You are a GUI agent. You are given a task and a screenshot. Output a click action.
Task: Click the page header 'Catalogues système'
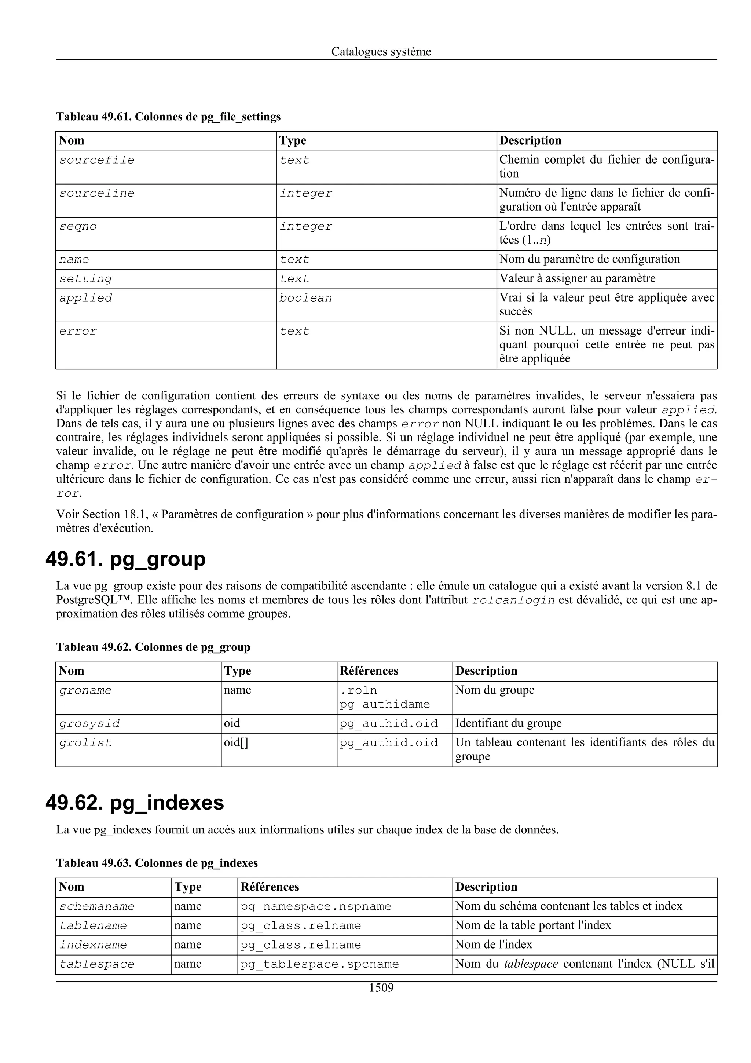(381, 52)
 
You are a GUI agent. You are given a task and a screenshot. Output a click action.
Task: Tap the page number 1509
(381, 988)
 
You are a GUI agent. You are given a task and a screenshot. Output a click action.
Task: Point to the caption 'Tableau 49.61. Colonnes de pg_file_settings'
(168, 117)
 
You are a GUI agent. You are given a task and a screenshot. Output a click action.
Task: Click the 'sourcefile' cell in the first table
(97, 160)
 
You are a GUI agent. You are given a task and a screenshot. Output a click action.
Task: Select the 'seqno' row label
(78, 227)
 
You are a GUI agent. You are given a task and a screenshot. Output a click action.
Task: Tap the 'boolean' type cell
(305, 298)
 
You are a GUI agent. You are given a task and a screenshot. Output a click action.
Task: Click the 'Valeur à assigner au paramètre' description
(578, 279)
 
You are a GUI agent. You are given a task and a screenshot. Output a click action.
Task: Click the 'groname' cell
(85, 691)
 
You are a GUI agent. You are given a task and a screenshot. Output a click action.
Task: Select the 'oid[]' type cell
(236, 743)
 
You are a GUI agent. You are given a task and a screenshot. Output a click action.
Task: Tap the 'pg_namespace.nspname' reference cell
(316, 906)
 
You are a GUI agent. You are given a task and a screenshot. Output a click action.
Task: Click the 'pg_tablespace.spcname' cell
(319, 964)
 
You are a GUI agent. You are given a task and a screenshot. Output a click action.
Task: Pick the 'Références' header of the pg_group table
(369, 671)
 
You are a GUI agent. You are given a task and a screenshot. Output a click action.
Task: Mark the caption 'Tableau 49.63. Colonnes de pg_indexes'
(157, 863)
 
